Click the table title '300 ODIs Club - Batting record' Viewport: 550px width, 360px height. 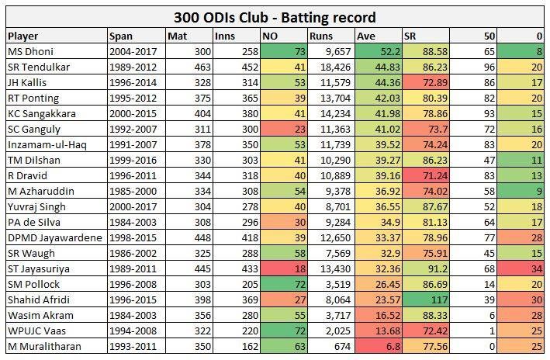[275, 16]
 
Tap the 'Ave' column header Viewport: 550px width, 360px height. [365, 36]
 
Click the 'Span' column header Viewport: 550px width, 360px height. [121, 36]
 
